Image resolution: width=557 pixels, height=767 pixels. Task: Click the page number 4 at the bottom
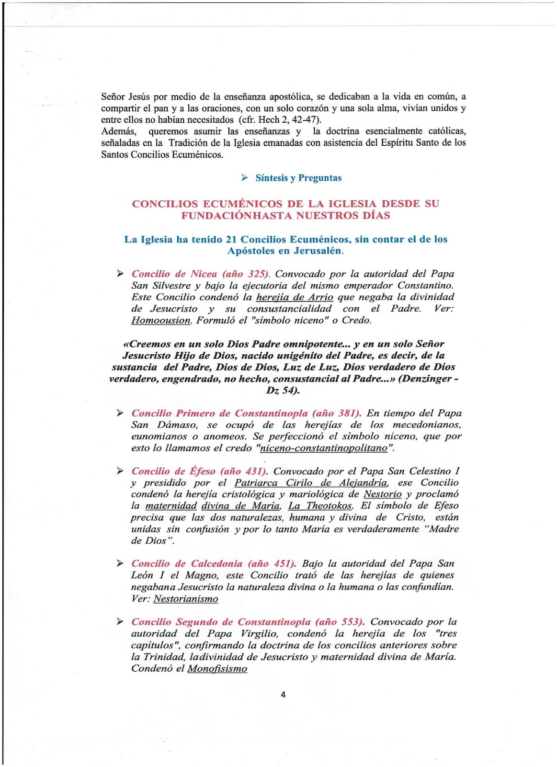coord(283,695)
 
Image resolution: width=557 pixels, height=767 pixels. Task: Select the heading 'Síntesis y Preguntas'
coord(298,178)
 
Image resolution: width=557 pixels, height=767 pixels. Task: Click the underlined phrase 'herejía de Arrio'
coord(295,297)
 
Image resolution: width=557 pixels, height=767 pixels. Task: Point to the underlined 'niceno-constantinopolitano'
coord(323,448)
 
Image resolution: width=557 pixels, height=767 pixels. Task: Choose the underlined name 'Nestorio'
coord(382,494)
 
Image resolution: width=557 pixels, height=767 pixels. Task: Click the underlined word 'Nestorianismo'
coord(185,599)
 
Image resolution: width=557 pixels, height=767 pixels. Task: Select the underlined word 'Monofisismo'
coord(217,669)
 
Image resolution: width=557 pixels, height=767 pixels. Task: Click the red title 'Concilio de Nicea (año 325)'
coord(200,274)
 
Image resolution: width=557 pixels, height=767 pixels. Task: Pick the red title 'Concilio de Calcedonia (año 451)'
coord(214,564)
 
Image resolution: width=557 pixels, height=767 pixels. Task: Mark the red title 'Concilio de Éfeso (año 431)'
coord(199,471)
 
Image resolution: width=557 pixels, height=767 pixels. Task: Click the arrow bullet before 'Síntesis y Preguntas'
coord(244,178)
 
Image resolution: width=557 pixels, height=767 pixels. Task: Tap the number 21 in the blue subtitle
coord(231,239)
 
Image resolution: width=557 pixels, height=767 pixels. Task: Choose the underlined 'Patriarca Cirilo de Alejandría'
coord(311,483)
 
